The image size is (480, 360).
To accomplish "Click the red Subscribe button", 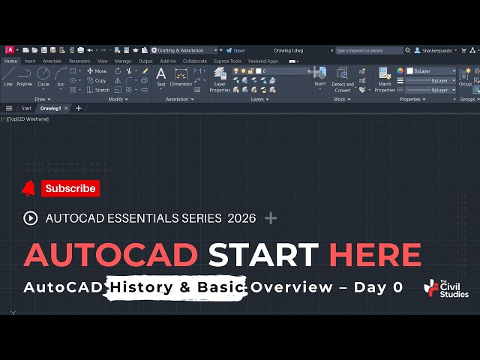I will click(70, 189).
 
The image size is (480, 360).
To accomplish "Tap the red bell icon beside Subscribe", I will click(29, 188).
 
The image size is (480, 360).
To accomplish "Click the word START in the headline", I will click(263, 255).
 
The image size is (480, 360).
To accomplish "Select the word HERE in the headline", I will click(375, 255).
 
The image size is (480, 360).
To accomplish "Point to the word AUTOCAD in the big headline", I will click(111, 255).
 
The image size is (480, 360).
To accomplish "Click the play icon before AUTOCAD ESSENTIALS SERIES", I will click(31, 218).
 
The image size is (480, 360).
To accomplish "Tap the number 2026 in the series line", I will click(239, 218).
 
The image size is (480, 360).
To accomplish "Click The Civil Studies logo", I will click(445, 289).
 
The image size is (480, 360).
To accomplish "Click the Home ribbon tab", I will click(10, 61).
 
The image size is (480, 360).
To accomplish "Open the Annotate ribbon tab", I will click(52, 61).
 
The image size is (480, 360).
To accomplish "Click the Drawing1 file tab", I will click(50, 108).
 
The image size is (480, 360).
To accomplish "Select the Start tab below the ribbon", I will click(26, 108).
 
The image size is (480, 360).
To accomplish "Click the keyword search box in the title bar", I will click(368, 50).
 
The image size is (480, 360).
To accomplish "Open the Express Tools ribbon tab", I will click(227, 61).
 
